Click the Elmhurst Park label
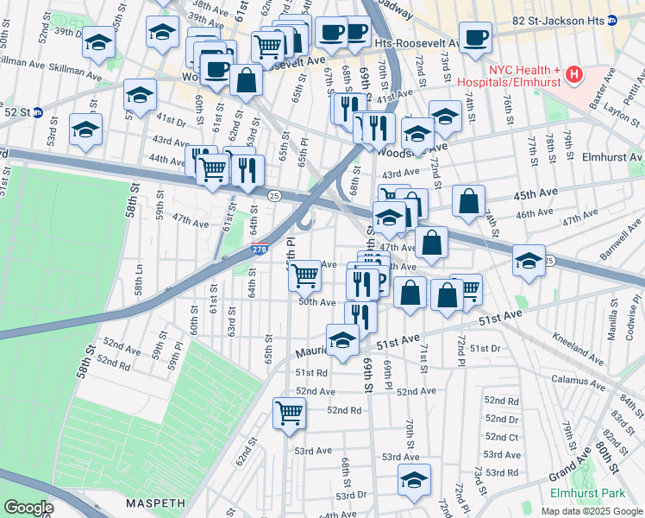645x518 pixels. coord(588,493)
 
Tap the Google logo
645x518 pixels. coord(30,508)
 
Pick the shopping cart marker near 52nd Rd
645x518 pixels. coord(289,413)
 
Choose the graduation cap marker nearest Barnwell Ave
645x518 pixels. coord(529,261)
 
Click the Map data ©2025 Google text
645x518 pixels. coord(590,511)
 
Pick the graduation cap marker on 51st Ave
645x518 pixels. coord(342,339)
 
